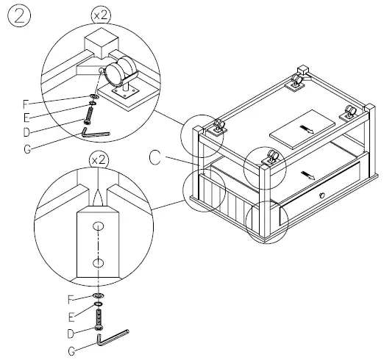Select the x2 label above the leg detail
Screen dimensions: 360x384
coord(98,159)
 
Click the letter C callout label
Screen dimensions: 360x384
coord(155,156)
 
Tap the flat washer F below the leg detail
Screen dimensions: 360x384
coord(98,296)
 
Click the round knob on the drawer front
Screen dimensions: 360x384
coord(321,195)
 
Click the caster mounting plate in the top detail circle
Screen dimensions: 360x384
coord(122,93)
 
